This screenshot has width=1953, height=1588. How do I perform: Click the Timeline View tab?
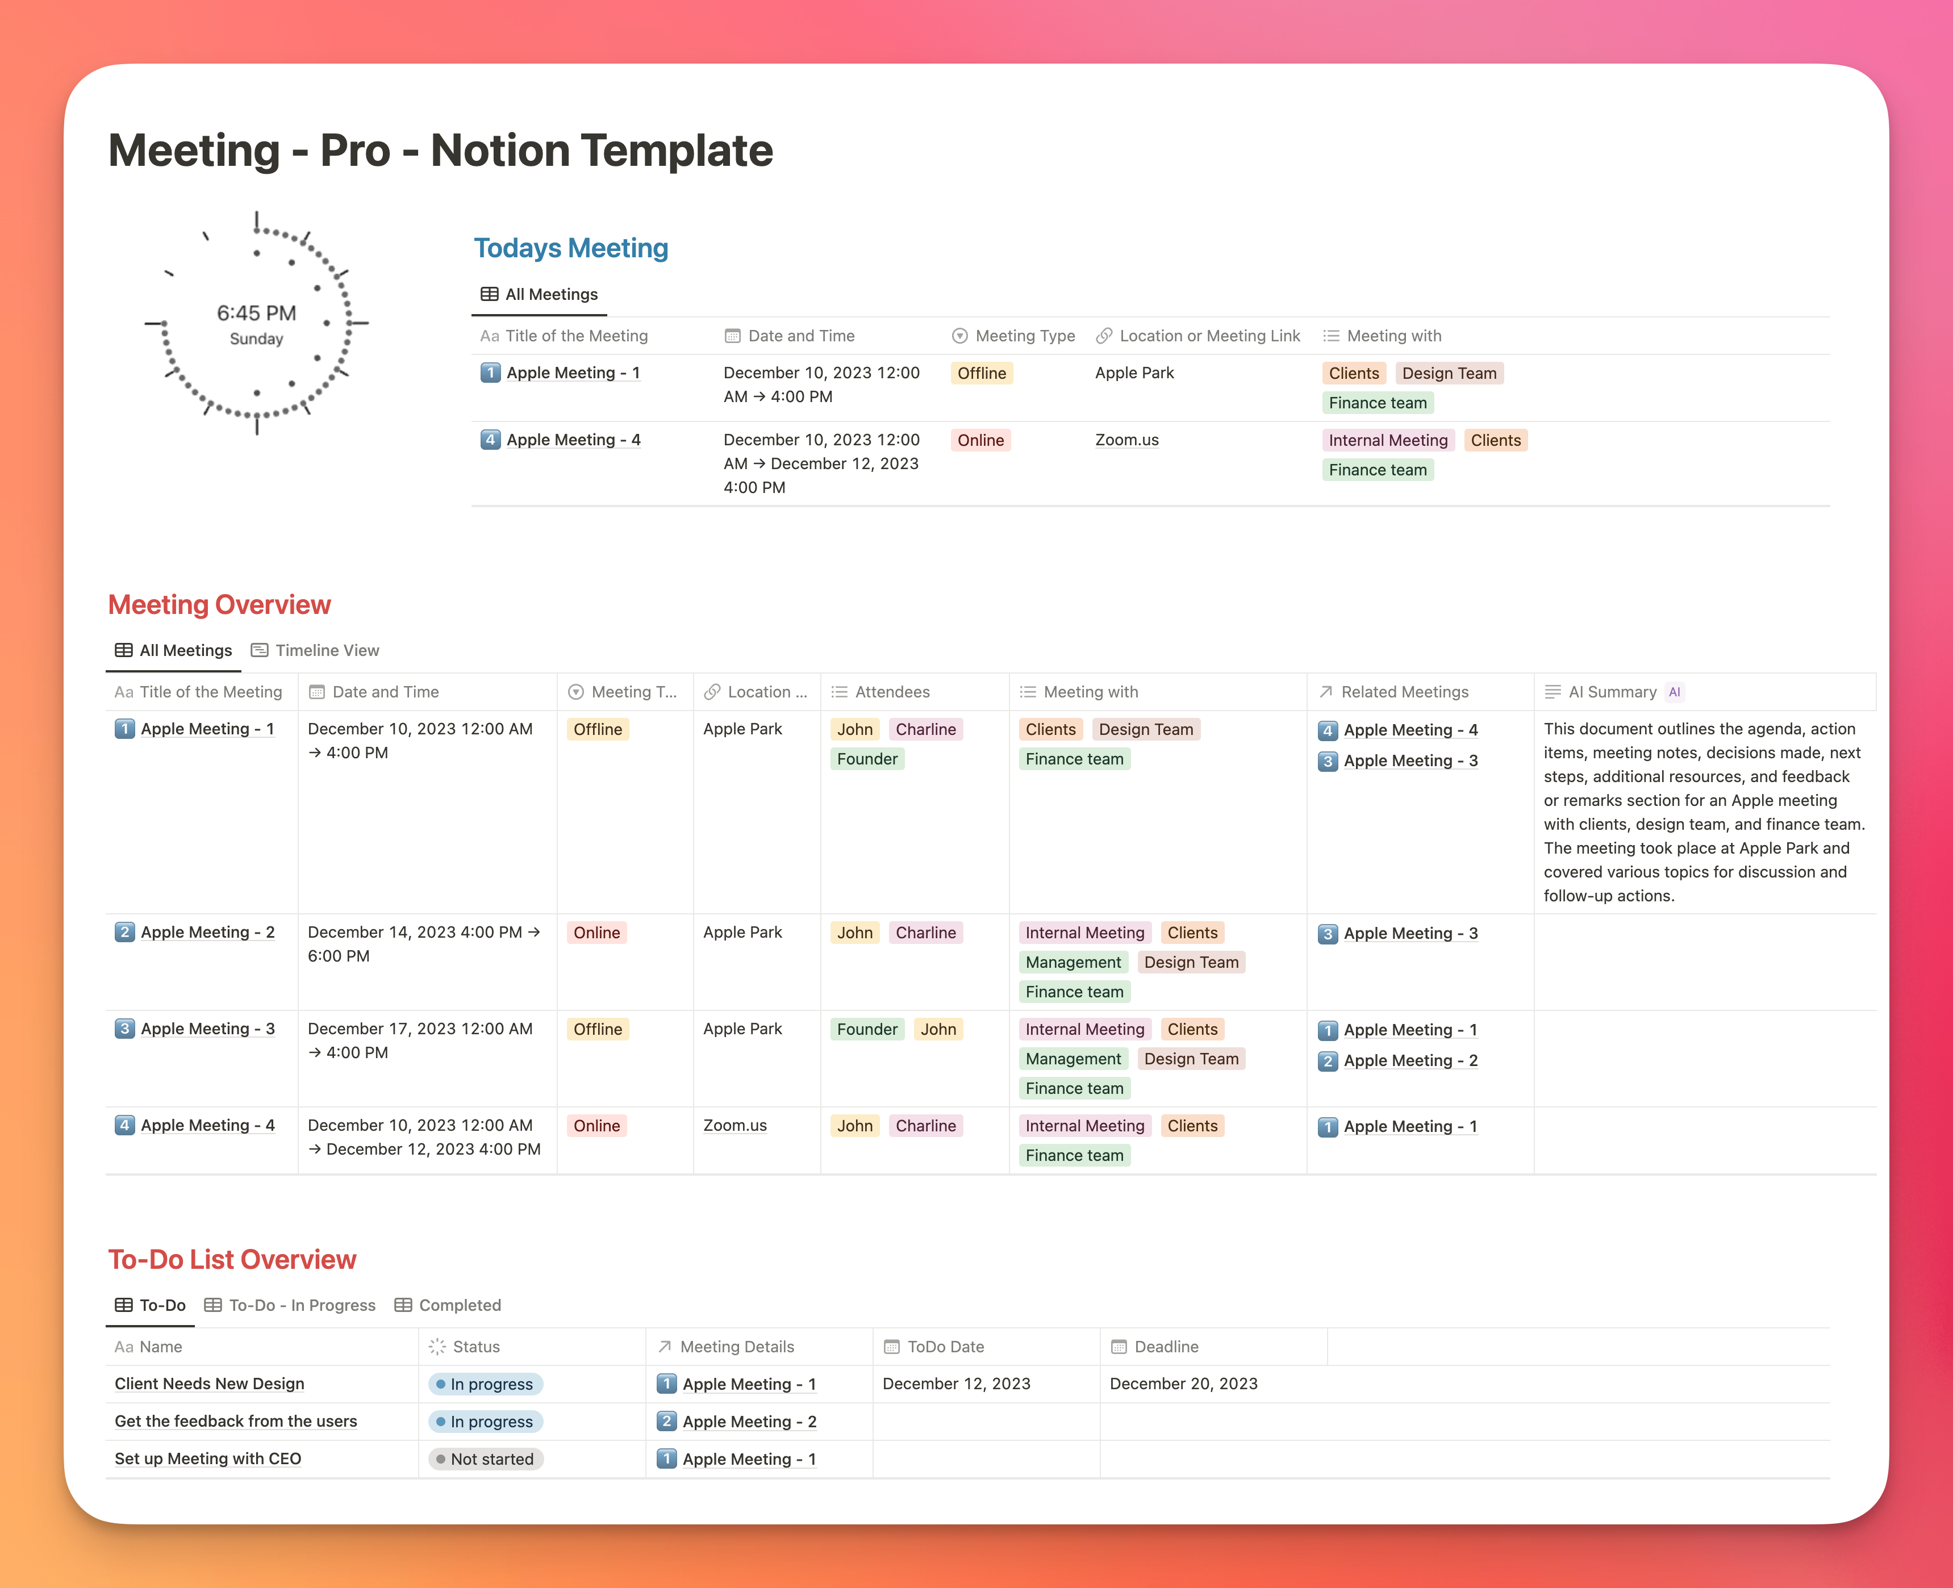325,650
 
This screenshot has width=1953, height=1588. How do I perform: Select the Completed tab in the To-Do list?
458,1305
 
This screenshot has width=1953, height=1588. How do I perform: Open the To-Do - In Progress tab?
301,1305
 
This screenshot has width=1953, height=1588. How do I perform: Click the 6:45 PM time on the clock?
256,313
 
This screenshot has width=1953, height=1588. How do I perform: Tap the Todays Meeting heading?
571,248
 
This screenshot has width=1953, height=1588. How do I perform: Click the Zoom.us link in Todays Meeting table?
1126,440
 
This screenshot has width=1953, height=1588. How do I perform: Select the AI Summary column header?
1612,692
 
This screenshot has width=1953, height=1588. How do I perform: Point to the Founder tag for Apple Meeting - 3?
866,1029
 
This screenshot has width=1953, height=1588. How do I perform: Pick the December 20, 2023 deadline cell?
1183,1384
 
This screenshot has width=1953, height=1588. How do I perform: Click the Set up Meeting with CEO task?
208,1459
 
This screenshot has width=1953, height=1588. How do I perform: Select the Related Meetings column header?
1404,692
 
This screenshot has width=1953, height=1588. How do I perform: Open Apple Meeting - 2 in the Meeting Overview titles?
207,932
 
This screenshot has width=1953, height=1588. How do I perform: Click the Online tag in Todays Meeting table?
980,440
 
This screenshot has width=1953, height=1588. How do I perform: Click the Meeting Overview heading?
219,605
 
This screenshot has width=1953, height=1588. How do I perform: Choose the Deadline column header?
1166,1347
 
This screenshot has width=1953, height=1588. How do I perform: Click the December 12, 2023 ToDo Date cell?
956,1384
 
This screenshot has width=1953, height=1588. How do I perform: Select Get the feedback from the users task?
235,1422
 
